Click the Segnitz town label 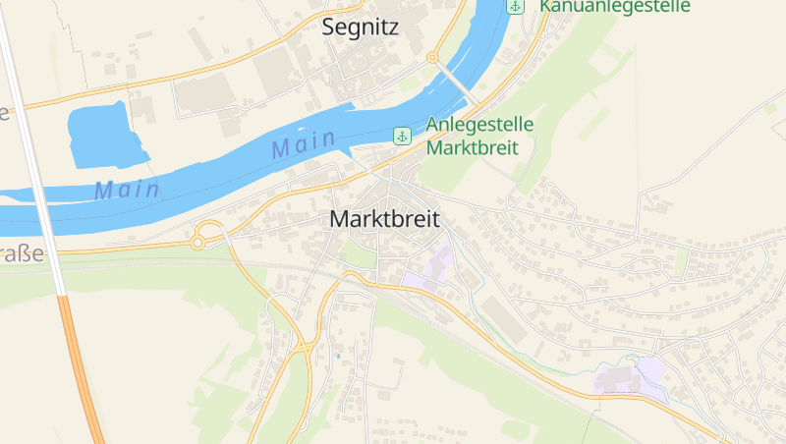click(361, 28)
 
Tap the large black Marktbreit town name click(384, 219)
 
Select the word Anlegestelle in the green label click(479, 126)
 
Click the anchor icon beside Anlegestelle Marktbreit click(401, 136)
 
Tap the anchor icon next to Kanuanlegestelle click(515, 6)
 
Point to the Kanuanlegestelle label click(614, 6)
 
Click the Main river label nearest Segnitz click(304, 145)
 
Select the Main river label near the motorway click(127, 190)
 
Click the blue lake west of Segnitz click(103, 135)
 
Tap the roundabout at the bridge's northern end click(431, 58)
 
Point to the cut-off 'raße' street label click(22, 253)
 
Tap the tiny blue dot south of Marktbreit click(338, 355)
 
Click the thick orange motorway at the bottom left click(83, 373)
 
